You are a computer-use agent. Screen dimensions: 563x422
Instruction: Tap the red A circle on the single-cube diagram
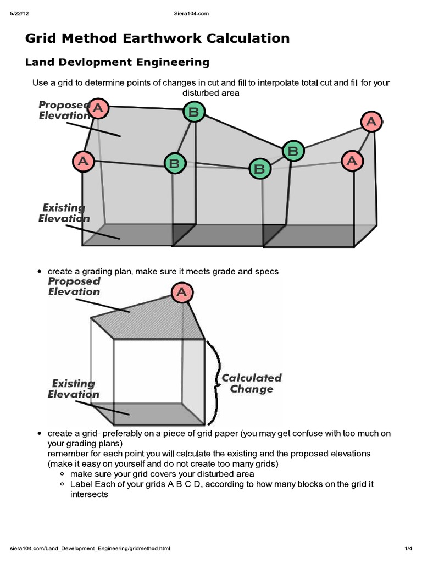[x=181, y=292]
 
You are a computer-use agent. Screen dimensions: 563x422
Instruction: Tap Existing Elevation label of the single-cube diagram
[x=73, y=389]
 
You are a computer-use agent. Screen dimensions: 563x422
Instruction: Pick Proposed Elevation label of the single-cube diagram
[x=74, y=286]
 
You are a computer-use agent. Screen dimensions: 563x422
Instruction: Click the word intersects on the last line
[x=88, y=494]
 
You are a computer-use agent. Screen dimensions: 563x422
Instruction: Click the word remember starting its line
[x=68, y=454]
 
